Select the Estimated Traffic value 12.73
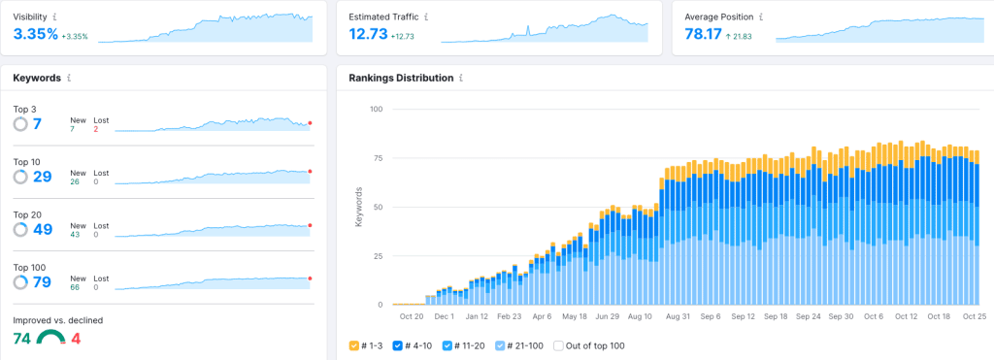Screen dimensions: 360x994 tap(368, 35)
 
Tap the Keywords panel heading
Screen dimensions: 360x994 tap(37, 78)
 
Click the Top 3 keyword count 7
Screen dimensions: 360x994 tap(37, 124)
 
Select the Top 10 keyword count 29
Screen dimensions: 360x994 tap(42, 177)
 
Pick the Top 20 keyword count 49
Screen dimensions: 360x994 tap(42, 229)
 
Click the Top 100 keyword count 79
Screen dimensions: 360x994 tap(42, 282)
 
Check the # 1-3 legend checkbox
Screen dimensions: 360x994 tap(355, 345)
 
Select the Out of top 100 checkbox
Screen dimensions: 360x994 tap(558, 345)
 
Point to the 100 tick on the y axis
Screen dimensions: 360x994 tap(378, 109)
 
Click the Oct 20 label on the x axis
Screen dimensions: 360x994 tap(412, 316)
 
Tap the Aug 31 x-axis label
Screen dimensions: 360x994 tap(679, 316)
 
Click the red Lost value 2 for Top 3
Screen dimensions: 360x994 tap(96, 129)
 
